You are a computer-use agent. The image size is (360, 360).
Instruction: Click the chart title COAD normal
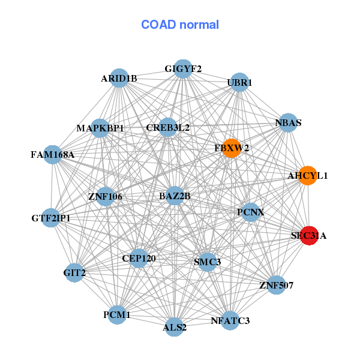click(180, 25)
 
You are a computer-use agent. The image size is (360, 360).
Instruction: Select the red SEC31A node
click(308, 236)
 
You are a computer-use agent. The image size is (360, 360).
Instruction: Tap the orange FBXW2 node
click(232, 148)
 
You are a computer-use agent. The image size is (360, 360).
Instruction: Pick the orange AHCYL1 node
click(308, 176)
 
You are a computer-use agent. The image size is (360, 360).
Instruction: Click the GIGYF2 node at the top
click(183, 69)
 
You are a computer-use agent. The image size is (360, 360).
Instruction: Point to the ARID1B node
click(119, 79)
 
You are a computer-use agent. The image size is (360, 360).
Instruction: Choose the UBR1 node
click(239, 82)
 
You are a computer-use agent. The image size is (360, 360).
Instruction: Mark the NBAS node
click(288, 123)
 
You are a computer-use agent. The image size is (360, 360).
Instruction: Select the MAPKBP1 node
click(100, 128)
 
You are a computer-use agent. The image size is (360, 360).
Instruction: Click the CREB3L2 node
click(168, 128)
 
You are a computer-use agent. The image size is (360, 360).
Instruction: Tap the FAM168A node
click(53, 155)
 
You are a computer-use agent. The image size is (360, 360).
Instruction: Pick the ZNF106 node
click(105, 196)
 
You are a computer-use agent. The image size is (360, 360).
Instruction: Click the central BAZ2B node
click(175, 196)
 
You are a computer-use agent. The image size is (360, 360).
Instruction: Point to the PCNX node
click(251, 212)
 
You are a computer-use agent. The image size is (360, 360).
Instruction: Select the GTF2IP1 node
click(52, 218)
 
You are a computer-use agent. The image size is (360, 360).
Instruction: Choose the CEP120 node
click(139, 259)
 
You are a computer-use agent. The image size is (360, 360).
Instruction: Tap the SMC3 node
click(207, 262)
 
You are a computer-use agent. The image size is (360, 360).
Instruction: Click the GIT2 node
click(74, 273)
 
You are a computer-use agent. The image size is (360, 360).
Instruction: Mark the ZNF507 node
click(276, 285)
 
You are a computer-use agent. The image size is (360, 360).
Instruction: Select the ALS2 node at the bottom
click(175, 327)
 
